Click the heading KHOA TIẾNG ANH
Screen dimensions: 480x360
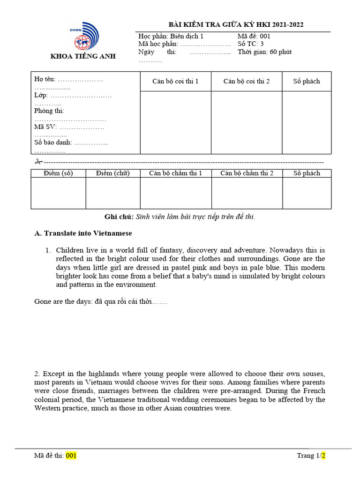[83, 57]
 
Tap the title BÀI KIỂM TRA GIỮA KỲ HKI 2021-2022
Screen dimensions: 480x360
[232, 25]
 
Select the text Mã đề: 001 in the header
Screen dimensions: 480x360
[254, 36]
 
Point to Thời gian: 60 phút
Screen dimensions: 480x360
[264, 52]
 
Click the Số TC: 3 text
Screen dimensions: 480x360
[251, 44]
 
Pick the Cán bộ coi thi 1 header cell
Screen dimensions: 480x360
[175, 82]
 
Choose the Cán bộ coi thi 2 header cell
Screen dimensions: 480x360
[246, 82]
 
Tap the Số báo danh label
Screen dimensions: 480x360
[53, 142]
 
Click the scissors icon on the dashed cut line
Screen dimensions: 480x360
[38, 162]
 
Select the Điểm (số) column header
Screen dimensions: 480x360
[58, 173]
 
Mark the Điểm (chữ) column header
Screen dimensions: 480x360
[112, 173]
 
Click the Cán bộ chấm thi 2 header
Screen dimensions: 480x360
[247, 173]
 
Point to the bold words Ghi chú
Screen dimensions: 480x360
[119, 217]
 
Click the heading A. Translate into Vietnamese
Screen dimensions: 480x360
[83, 233]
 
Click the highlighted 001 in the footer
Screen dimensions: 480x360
[71, 455]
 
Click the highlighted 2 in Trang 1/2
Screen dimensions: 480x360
[323, 455]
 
